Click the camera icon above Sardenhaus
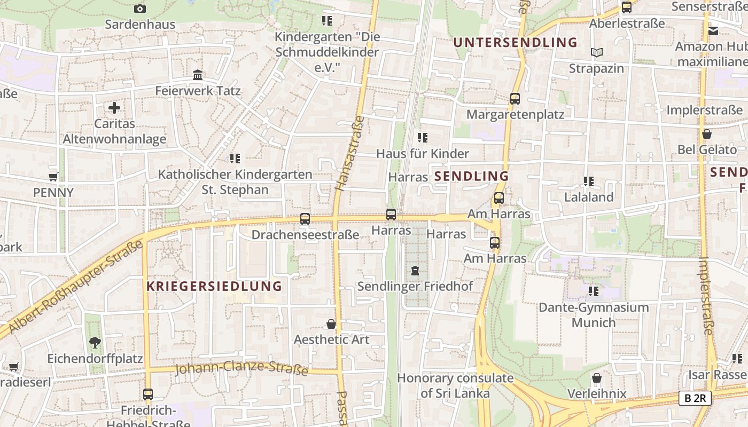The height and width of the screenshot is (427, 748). pyautogui.click(x=140, y=9)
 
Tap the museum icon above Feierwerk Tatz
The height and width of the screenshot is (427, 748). pyautogui.click(x=198, y=75)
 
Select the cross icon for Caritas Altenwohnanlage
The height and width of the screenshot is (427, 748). pyautogui.click(x=114, y=108)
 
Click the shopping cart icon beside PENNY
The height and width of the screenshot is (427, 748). pyautogui.click(x=53, y=177)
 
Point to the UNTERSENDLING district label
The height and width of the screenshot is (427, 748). pyautogui.click(x=515, y=42)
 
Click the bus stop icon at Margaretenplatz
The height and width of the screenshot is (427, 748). pyautogui.click(x=515, y=99)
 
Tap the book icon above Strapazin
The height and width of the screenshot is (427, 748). pyautogui.click(x=596, y=52)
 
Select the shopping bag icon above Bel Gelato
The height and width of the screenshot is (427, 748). pyautogui.click(x=707, y=134)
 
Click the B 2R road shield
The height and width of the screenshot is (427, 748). pyautogui.click(x=695, y=398)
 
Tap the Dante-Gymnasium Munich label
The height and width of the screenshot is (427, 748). pyautogui.click(x=594, y=315)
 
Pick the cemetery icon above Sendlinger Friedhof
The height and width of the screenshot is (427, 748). pyautogui.click(x=415, y=271)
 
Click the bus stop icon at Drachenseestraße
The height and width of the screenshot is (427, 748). pyautogui.click(x=305, y=219)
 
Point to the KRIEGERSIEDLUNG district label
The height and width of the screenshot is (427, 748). pyautogui.click(x=214, y=286)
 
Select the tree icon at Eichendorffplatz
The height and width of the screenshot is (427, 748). pyautogui.click(x=95, y=342)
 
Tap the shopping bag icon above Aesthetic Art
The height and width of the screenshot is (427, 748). pyautogui.click(x=331, y=324)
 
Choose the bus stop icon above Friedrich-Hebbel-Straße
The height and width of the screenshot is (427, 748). pyautogui.click(x=148, y=394)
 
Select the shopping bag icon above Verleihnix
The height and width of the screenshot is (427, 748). pyautogui.click(x=597, y=378)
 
